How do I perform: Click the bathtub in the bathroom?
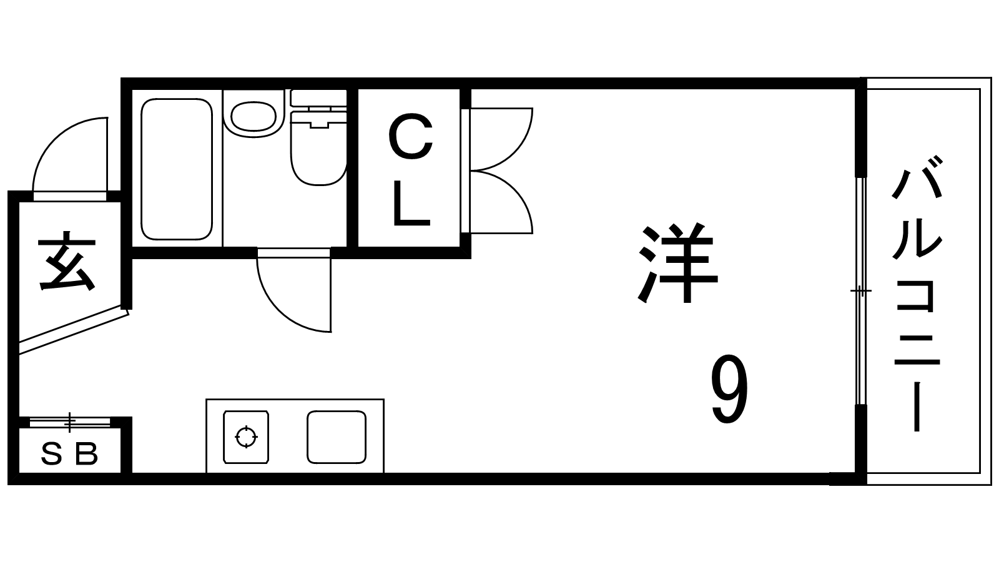(177, 169)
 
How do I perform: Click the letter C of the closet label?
(411, 137)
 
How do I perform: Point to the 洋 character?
(677, 263)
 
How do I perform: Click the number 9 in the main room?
(729, 390)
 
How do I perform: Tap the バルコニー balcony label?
(917, 294)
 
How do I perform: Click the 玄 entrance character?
(67, 260)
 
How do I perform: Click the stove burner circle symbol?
(246, 436)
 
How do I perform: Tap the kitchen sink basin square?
(337, 437)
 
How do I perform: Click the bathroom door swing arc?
(278, 312)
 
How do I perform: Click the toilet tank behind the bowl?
(318, 98)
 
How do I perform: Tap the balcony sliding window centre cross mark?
(861, 291)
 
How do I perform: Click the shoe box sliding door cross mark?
(69, 422)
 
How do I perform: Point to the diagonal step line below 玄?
(74, 330)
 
